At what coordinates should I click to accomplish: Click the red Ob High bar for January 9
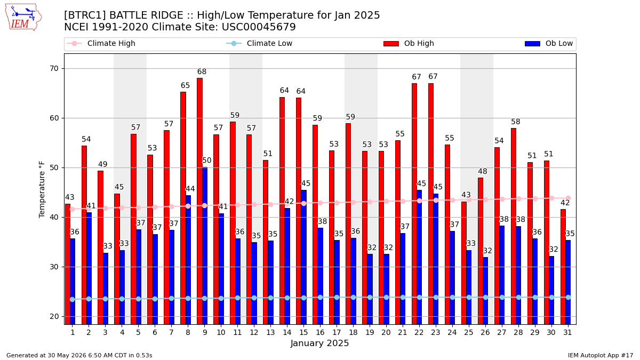pos(199,201)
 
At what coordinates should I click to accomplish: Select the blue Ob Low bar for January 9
pos(205,246)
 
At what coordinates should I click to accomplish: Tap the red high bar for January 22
pos(414,204)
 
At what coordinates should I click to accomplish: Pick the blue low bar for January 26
pos(485,291)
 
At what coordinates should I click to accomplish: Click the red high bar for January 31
pos(563,267)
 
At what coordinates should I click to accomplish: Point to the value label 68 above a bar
pos(202,71)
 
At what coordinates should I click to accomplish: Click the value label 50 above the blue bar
pos(206,161)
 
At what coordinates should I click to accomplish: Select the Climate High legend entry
pos(101,43)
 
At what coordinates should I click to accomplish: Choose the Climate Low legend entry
pos(259,43)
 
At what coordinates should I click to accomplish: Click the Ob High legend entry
pos(409,43)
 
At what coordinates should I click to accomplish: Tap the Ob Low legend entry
pos(549,43)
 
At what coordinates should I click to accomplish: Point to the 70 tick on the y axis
pos(54,69)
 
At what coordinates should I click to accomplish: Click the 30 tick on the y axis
pos(54,267)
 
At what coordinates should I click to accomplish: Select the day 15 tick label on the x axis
pos(303,332)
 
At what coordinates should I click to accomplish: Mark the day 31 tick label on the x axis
pos(567,332)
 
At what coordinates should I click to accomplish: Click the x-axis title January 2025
pos(319,343)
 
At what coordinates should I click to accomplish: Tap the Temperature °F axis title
pos(42,189)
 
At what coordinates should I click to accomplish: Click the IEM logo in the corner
pos(23,18)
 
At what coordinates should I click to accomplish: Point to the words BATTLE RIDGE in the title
pos(146,15)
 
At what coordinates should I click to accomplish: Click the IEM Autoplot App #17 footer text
pos(601,355)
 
